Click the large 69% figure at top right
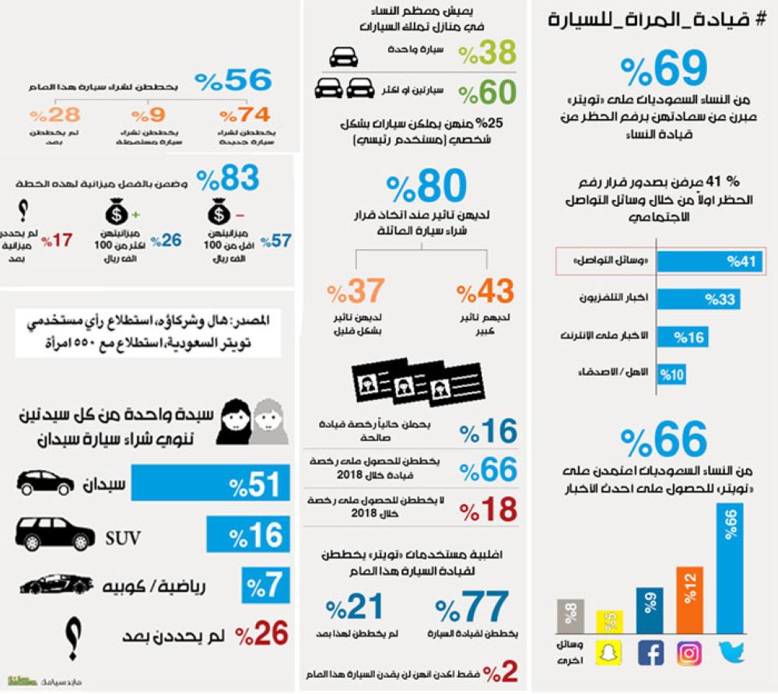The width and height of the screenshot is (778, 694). pos(654,71)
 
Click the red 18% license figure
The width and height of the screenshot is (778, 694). pos(488,510)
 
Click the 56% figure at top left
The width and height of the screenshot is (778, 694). pos(233,81)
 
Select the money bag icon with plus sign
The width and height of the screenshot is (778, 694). pos(120,212)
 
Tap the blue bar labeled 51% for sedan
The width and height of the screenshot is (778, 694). pos(210,483)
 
